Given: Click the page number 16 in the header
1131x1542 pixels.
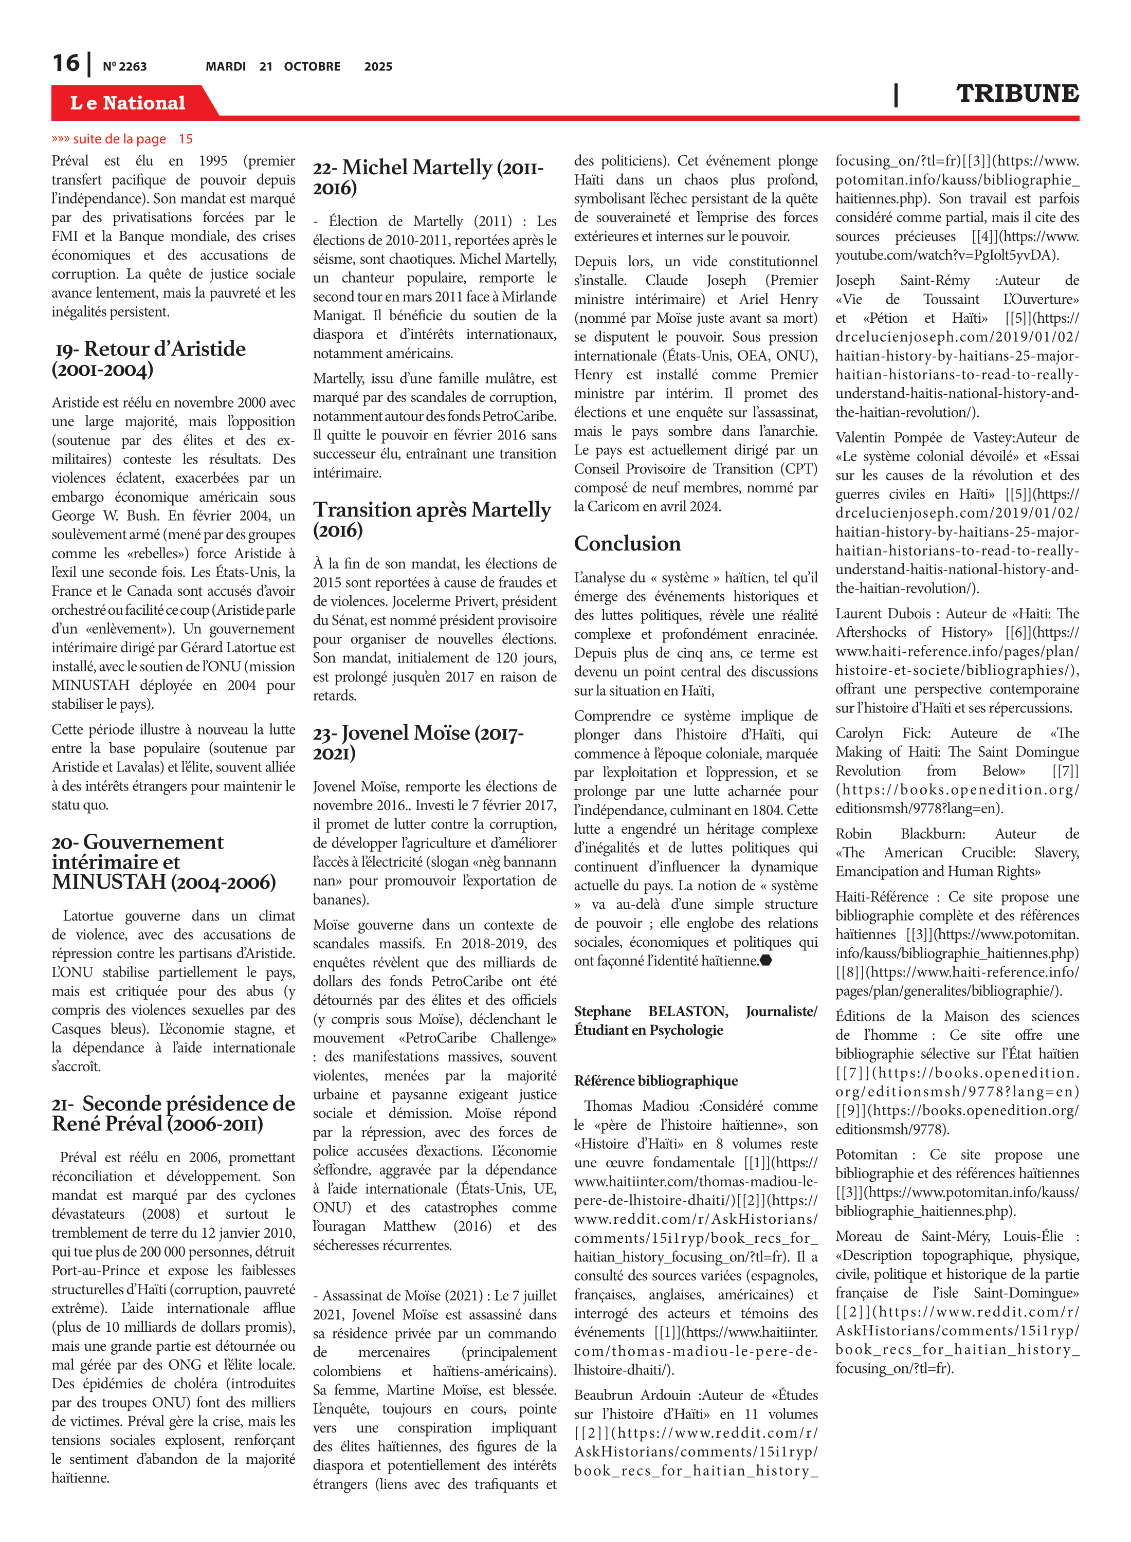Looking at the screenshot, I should (x=66, y=63).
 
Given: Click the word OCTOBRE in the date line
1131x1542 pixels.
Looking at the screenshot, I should (x=312, y=66).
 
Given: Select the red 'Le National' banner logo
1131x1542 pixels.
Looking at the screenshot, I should (x=127, y=103).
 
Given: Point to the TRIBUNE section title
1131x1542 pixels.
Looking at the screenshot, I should (x=1017, y=93).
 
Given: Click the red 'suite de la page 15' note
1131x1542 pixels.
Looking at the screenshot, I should (x=122, y=139).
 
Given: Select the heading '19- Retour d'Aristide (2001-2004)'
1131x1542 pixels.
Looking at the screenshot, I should (x=149, y=359).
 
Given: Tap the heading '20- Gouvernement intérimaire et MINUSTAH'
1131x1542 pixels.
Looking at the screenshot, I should (x=163, y=861).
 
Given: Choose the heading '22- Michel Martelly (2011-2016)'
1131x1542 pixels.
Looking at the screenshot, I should (x=429, y=177).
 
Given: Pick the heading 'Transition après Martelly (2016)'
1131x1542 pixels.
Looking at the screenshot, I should (x=432, y=519).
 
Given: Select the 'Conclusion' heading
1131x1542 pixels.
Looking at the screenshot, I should (x=627, y=543).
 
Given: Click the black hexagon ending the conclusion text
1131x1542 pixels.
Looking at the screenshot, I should (x=766, y=960).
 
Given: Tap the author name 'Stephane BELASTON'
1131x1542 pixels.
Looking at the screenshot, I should (x=650, y=1011).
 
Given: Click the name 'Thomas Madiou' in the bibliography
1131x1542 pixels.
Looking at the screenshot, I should (x=636, y=1106).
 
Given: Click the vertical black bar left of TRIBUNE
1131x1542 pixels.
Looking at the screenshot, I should (x=896, y=95).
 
